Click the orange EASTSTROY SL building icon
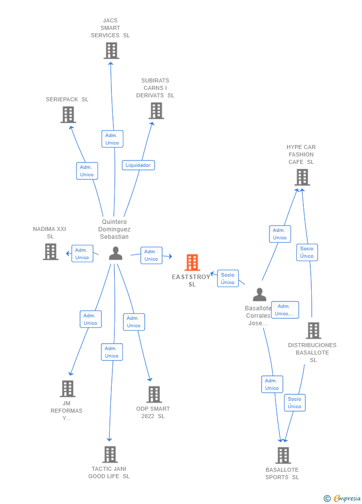[192, 262]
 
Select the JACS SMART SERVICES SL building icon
[111, 50]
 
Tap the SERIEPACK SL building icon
[68, 114]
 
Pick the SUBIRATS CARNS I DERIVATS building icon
[156, 110]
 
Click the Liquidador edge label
[138, 165]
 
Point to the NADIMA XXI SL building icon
[50, 251]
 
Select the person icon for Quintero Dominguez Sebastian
[115, 253]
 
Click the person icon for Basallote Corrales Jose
[259, 294]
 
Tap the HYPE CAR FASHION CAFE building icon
[302, 177]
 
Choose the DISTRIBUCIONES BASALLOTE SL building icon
[313, 330]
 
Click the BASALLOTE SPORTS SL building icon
[283, 455]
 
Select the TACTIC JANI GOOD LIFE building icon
[110, 454]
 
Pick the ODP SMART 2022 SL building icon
[154, 394]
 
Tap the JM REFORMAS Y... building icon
[68, 388]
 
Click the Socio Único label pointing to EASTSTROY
[228, 279]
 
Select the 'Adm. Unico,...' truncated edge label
[285, 310]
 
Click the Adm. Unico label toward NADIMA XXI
[82, 254]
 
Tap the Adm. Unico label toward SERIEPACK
[87, 171]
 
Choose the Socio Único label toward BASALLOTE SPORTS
[294, 403]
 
